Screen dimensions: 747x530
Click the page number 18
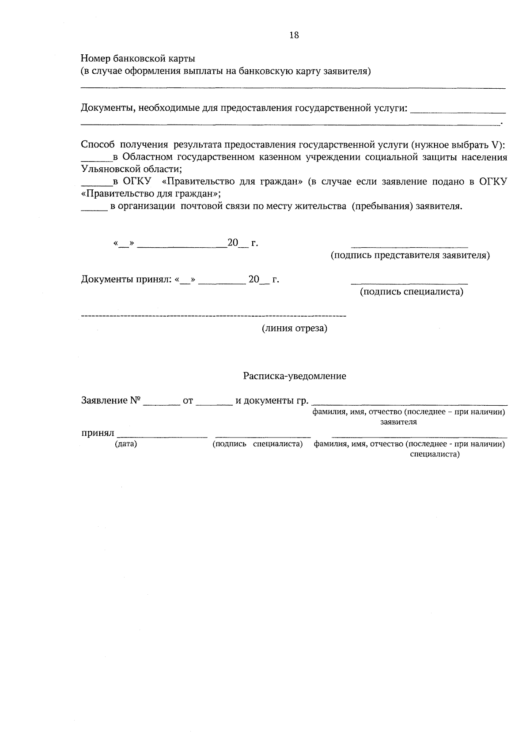click(294, 35)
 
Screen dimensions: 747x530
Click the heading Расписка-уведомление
click(295, 376)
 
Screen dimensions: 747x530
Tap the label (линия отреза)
click(295, 328)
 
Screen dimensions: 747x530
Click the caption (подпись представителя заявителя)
click(410, 256)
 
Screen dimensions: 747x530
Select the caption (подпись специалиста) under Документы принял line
click(412, 291)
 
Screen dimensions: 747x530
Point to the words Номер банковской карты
click(138, 58)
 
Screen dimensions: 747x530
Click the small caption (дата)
click(126, 444)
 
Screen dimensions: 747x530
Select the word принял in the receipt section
click(98, 434)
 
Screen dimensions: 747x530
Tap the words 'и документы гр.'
click(272, 401)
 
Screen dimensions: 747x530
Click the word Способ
click(98, 144)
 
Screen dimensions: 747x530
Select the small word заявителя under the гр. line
click(398, 422)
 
